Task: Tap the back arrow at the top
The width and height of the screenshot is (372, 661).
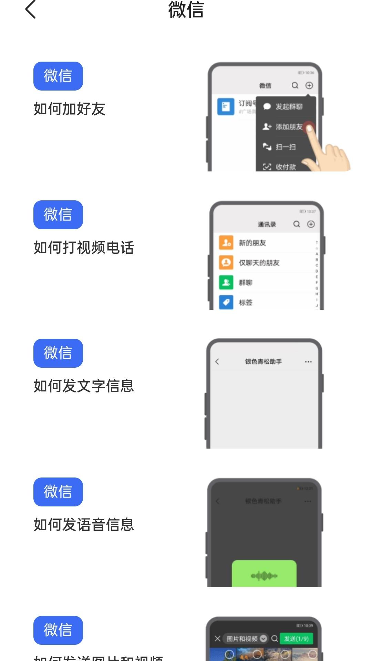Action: pyautogui.click(x=31, y=10)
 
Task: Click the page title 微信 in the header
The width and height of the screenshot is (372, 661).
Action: pyautogui.click(x=186, y=10)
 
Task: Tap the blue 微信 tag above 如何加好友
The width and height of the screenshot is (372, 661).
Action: pyautogui.click(x=58, y=76)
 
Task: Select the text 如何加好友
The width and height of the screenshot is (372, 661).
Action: pyautogui.click(x=69, y=109)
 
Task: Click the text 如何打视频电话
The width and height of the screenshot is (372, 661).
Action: pyautogui.click(x=84, y=248)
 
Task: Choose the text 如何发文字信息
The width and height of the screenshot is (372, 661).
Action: pyautogui.click(x=84, y=386)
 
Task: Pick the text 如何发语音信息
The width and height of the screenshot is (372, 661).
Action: pyautogui.click(x=84, y=525)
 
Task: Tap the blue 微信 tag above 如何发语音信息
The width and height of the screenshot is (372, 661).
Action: pyautogui.click(x=58, y=492)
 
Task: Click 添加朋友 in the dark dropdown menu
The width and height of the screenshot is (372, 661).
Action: pyautogui.click(x=289, y=127)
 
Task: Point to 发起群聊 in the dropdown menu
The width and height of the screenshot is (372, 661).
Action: pyautogui.click(x=289, y=107)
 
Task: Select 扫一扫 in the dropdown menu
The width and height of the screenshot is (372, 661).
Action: pyautogui.click(x=286, y=147)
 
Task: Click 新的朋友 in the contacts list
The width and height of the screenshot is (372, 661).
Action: pyautogui.click(x=252, y=243)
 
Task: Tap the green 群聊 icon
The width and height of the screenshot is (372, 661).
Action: pyautogui.click(x=226, y=283)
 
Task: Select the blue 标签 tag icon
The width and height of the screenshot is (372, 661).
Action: pyautogui.click(x=226, y=302)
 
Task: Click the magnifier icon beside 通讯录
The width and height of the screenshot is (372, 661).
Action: pyautogui.click(x=297, y=224)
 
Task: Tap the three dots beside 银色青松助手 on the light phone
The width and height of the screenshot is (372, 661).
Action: pyautogui.click(x=308, y=362)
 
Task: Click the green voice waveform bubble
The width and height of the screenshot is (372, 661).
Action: pyautogui.click(x=264, y=574)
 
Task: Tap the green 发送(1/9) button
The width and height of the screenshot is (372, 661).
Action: pyautogui.click(x=296, y=639)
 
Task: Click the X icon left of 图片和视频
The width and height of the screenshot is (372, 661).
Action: pyautogui.click(x=217, y=639)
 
